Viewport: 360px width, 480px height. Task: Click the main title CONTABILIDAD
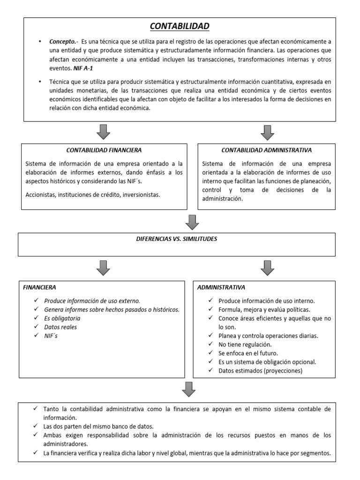pos(180,26)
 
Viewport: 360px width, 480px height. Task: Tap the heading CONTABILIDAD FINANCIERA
pos(104,150)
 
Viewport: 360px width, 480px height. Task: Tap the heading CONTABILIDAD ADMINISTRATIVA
pos(267,150)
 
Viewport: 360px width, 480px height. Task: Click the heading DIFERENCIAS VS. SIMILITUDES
pos(176,239)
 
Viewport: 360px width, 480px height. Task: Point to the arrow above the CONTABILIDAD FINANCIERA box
pos(104,132)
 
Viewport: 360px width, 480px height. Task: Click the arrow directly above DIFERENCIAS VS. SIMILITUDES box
pos(192,221)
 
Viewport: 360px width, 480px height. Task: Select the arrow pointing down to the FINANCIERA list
pos(104,268)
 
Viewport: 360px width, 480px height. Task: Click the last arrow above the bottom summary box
pos(188,389)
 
